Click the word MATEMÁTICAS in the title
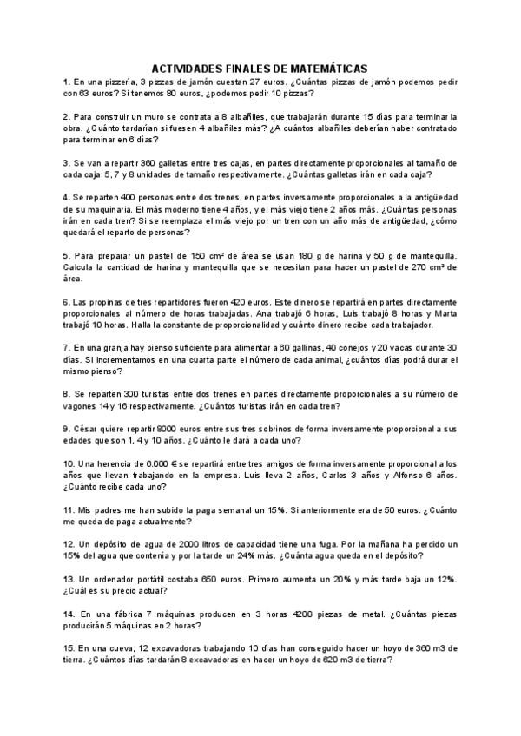327,68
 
